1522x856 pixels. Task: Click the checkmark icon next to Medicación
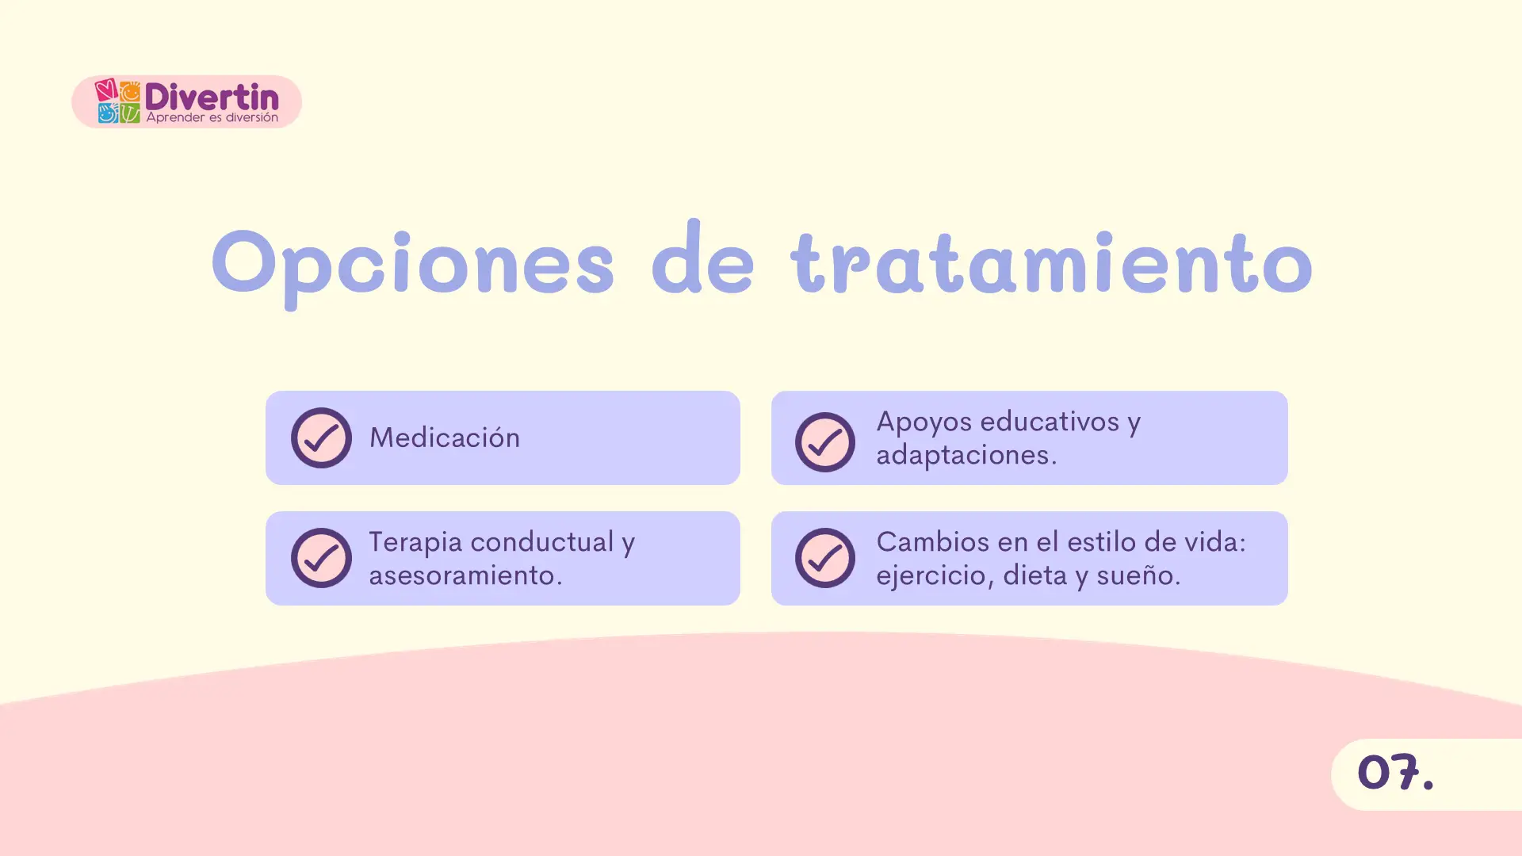click(321, 438)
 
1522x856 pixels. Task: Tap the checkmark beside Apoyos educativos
click(824, 441)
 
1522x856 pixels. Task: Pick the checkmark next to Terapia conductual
click(321, 558)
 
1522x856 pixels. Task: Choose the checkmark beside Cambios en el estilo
click(824, 558)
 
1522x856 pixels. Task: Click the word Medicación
click(444, 438)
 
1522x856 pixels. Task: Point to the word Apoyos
click(924, 422)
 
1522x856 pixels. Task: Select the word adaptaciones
click(966, 455)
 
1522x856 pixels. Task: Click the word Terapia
click(415, 542)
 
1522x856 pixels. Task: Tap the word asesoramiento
click(465, 575)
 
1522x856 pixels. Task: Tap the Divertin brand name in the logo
click(212, 97)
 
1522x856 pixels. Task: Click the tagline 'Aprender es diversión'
click(212, 118)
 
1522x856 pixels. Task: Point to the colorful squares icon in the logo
click(118, 101)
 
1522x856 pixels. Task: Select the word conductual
click(553, 542)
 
